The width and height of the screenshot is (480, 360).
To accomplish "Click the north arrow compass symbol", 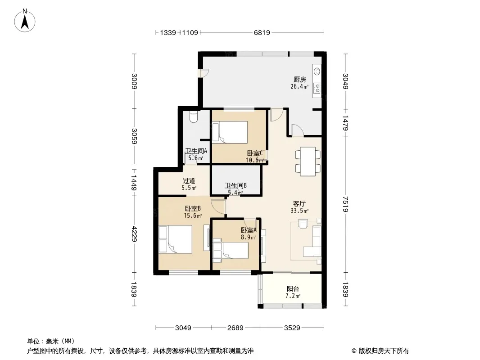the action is [x=25, y=21].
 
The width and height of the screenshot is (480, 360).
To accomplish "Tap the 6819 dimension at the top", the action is [x=262, y=32].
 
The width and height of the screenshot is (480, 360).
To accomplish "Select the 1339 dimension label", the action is [x=168, y=32].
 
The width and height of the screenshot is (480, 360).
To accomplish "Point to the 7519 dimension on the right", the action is [x=345, y=204].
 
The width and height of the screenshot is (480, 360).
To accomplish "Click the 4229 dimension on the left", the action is [x=134, y=234].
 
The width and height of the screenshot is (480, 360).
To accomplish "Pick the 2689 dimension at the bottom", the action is [x=235, y=328].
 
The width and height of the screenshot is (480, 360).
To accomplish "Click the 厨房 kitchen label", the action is [x=300, y=80].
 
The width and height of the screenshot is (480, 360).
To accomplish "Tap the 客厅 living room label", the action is [x=299, y=204].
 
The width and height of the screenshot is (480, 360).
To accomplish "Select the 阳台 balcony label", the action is [x=293, y=289].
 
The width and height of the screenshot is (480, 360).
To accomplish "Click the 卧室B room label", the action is [x=193, y=209].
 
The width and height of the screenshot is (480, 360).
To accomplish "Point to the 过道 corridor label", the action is [x=189, y=181].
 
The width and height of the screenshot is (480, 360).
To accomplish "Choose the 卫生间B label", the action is [x=235, y=186].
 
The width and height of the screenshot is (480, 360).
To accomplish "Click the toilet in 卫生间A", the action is [x=194, y=117].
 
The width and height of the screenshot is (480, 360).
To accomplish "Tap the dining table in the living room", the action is [x=308, y=162].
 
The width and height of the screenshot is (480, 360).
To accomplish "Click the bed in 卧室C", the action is [x=230, y=132].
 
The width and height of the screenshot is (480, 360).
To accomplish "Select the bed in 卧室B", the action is [x=176, y=239].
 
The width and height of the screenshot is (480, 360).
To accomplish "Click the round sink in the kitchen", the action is [x=317, y=72].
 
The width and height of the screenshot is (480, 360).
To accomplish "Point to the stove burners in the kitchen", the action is [x=317, y=88].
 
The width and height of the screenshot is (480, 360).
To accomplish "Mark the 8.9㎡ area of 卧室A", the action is [x=248, y=237].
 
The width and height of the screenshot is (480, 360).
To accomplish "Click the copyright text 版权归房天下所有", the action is [x=384, y=351].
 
